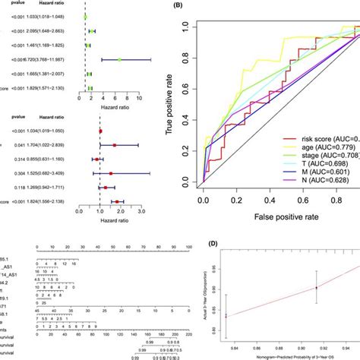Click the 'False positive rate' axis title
coord(275,216)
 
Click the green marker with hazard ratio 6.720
coord(119,59)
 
